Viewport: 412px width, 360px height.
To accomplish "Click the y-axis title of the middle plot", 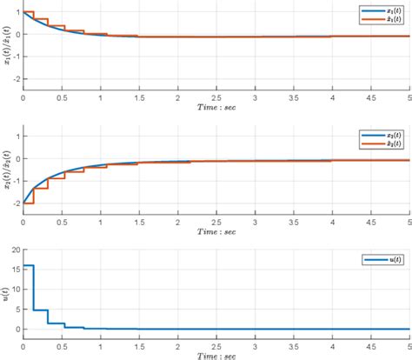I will [6, 169].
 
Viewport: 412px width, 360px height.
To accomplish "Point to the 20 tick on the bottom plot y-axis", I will [14, 250].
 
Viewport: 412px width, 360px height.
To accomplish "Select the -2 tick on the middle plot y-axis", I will [14, 201].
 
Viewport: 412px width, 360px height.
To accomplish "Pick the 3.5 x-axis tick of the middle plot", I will [293, 223].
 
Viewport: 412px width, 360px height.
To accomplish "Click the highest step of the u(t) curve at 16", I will [28, 266].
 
